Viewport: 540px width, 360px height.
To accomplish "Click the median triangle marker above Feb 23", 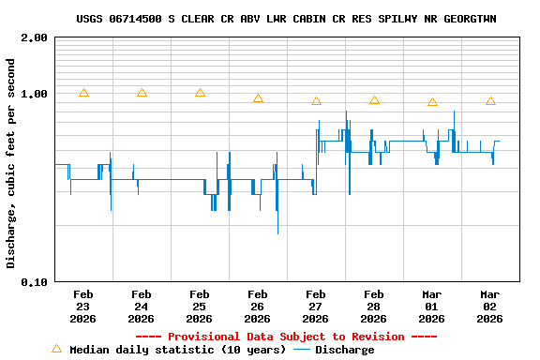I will [x=83, y=93].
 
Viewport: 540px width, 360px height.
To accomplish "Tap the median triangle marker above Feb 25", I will [x=200, y=93].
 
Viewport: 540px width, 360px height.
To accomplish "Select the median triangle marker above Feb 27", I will [x=316, y=101].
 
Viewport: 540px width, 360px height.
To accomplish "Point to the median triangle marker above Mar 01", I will [x=432, y=102].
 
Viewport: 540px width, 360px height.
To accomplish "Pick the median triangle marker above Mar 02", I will [x=490, y=101].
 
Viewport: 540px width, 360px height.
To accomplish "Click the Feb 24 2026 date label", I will [x=142, y=306].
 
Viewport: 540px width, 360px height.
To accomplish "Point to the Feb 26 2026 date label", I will [x=258, y=306].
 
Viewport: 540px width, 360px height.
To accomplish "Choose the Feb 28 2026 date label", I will [x=374, y=306].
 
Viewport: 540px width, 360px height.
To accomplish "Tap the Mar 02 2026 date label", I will [x=490, y=306].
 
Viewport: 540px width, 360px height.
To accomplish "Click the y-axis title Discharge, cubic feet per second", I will [x=11, y=163].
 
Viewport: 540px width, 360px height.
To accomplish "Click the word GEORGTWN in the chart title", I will [x=470, y=19].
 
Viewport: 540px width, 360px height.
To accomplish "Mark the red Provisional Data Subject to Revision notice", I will [x=286, y=337].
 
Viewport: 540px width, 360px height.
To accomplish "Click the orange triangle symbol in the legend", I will [x=56, y=349].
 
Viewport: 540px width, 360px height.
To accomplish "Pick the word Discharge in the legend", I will [x=344, y=350].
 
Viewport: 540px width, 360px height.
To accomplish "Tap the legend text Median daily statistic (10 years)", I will [x=177, y=350].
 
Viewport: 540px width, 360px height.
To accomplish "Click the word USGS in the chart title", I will [x=91, y=19].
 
